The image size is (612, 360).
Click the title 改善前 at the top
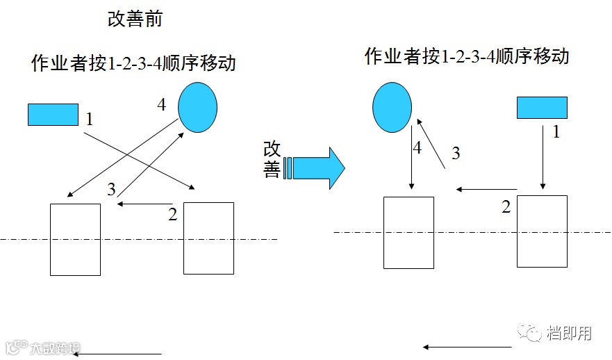coord(135,19)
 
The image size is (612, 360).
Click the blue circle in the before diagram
coord(198,107)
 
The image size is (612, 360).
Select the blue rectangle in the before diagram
coord(53,115)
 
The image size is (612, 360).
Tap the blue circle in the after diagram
coord(392,108)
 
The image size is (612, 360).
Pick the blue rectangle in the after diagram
coord(542,108)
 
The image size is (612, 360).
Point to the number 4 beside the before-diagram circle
coord(162,104)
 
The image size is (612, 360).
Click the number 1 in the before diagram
coord(90,119)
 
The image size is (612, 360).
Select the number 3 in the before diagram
coord(112,189)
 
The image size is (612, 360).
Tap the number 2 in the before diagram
coord(173,214)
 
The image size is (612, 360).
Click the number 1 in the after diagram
coord(556,131)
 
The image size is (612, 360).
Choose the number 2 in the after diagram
coord(506,206)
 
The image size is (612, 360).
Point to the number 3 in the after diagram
coord(456,154)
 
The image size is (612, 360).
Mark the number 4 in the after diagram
coord(417,148)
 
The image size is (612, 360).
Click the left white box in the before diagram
coord(75,239)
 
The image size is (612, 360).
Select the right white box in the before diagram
coord(208,238)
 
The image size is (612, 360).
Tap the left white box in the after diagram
coord(409,232)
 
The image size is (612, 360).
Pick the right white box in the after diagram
coord(542,231)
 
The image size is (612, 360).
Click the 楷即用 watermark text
coord(569,334)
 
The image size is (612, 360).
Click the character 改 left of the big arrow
coord(272,149)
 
